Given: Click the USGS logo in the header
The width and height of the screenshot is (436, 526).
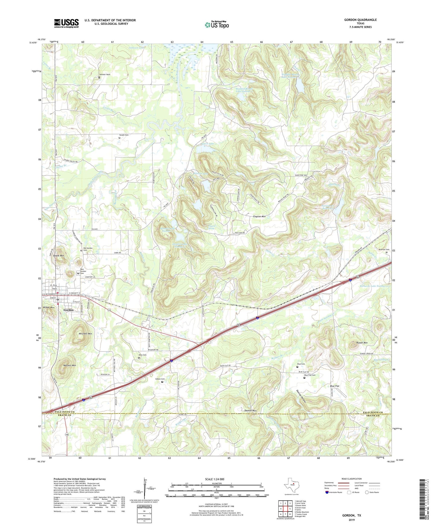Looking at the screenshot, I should pyautogui.click(x=66, y=23).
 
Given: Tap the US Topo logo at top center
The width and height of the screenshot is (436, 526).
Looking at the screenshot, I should pyautogui.click(x=217, y=24).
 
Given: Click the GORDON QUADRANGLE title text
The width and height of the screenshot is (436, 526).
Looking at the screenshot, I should pyautogui.click(x=360, y=20).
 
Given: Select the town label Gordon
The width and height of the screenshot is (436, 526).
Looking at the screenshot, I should pyautogui.click(x=68, y=310).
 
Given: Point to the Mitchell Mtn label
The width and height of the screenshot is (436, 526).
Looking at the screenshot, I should pyautogui.click(x=85, y=334).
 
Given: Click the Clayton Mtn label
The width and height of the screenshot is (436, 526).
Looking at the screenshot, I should pyautogui.click(x=259, y=216).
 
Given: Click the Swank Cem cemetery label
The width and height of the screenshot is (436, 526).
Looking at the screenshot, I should pyautogui.click(x=123, y=135).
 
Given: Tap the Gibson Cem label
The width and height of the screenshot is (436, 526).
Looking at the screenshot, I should pyautogui.click(x=160, y=379).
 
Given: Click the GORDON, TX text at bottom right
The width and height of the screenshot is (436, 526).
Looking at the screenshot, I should pyautogui.click(x=351, y=515).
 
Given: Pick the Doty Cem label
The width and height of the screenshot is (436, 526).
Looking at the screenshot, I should pyautogui.click(x=142, y=355).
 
